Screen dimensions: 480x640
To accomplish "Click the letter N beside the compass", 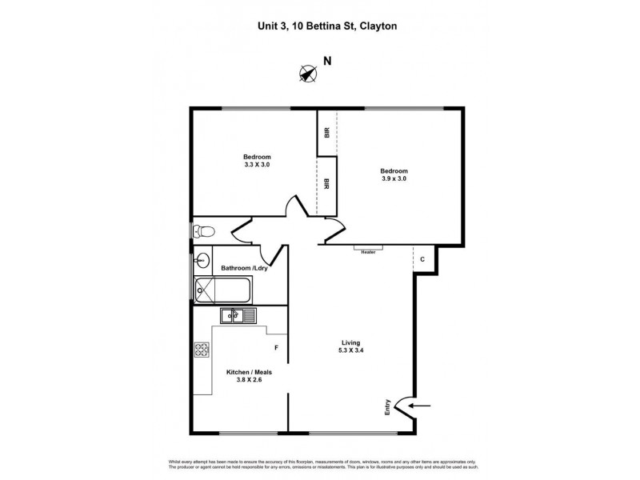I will coord(327,61).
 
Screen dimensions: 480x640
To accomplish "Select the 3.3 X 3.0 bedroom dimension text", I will coord(257,165).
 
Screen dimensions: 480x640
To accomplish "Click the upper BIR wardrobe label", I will coord(326,133).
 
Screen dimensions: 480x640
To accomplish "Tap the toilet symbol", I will coord(202,231).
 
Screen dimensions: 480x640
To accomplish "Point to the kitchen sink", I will coord(237,316).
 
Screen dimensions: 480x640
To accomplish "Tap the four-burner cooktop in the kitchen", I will coord(201,350).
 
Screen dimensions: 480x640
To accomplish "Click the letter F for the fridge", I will coord(276,347).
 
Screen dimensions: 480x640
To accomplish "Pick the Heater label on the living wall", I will coord(368,251).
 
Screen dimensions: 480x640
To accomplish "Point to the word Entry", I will coord(388,407).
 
